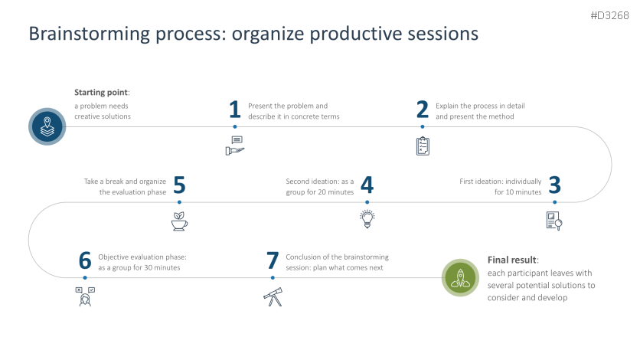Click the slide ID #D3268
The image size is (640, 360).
[x=611, y=15]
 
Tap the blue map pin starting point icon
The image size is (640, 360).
[x=47, y=126]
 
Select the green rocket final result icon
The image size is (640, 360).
[x=461, y=277]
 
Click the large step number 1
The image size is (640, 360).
[x=235, y=110]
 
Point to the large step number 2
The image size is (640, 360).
[x=422, y=110]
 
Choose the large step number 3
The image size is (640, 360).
[x=555, y=186]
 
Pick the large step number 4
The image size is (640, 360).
[x=367, y=186]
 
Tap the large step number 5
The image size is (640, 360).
[x=179, y=186]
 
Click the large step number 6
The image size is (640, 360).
[x=85, y=261]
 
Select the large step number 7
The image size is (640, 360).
[x=273, y=261]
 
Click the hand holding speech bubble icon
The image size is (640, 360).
[x=235, y=145]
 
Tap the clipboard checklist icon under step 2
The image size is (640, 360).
[x=423, y=146]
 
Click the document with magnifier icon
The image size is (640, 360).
[x=554, y=221]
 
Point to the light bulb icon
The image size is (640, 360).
[x=367, y=220]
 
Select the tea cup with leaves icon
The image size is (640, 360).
[x=179, y=221]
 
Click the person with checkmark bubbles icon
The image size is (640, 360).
[x=85, y=296]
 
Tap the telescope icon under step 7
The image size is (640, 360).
[x=273, y=296]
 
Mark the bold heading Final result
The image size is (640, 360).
[x=512, y=260]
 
